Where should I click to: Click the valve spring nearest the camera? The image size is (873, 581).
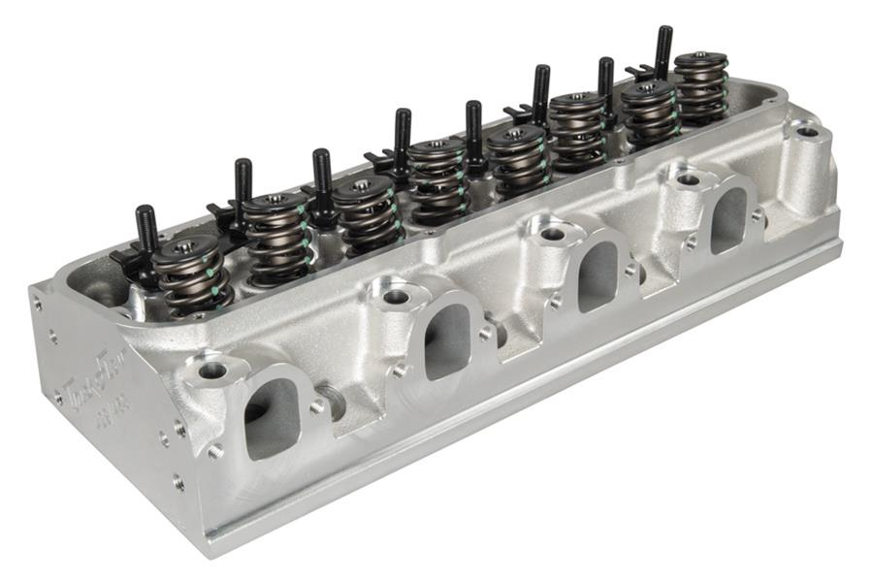click(x=192, y=276)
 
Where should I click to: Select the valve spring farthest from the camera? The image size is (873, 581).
click(x=700, y=87)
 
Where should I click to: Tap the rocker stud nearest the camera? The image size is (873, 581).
click(x=146, y=231)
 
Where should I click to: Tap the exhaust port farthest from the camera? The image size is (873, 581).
click(x=729, y=219)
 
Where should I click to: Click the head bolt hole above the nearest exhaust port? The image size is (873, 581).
click(x=211, y=370)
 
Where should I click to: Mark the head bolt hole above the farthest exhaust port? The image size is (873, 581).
click(x=688, y=179)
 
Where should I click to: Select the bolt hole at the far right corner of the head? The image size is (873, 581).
click(x=807, y=130)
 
